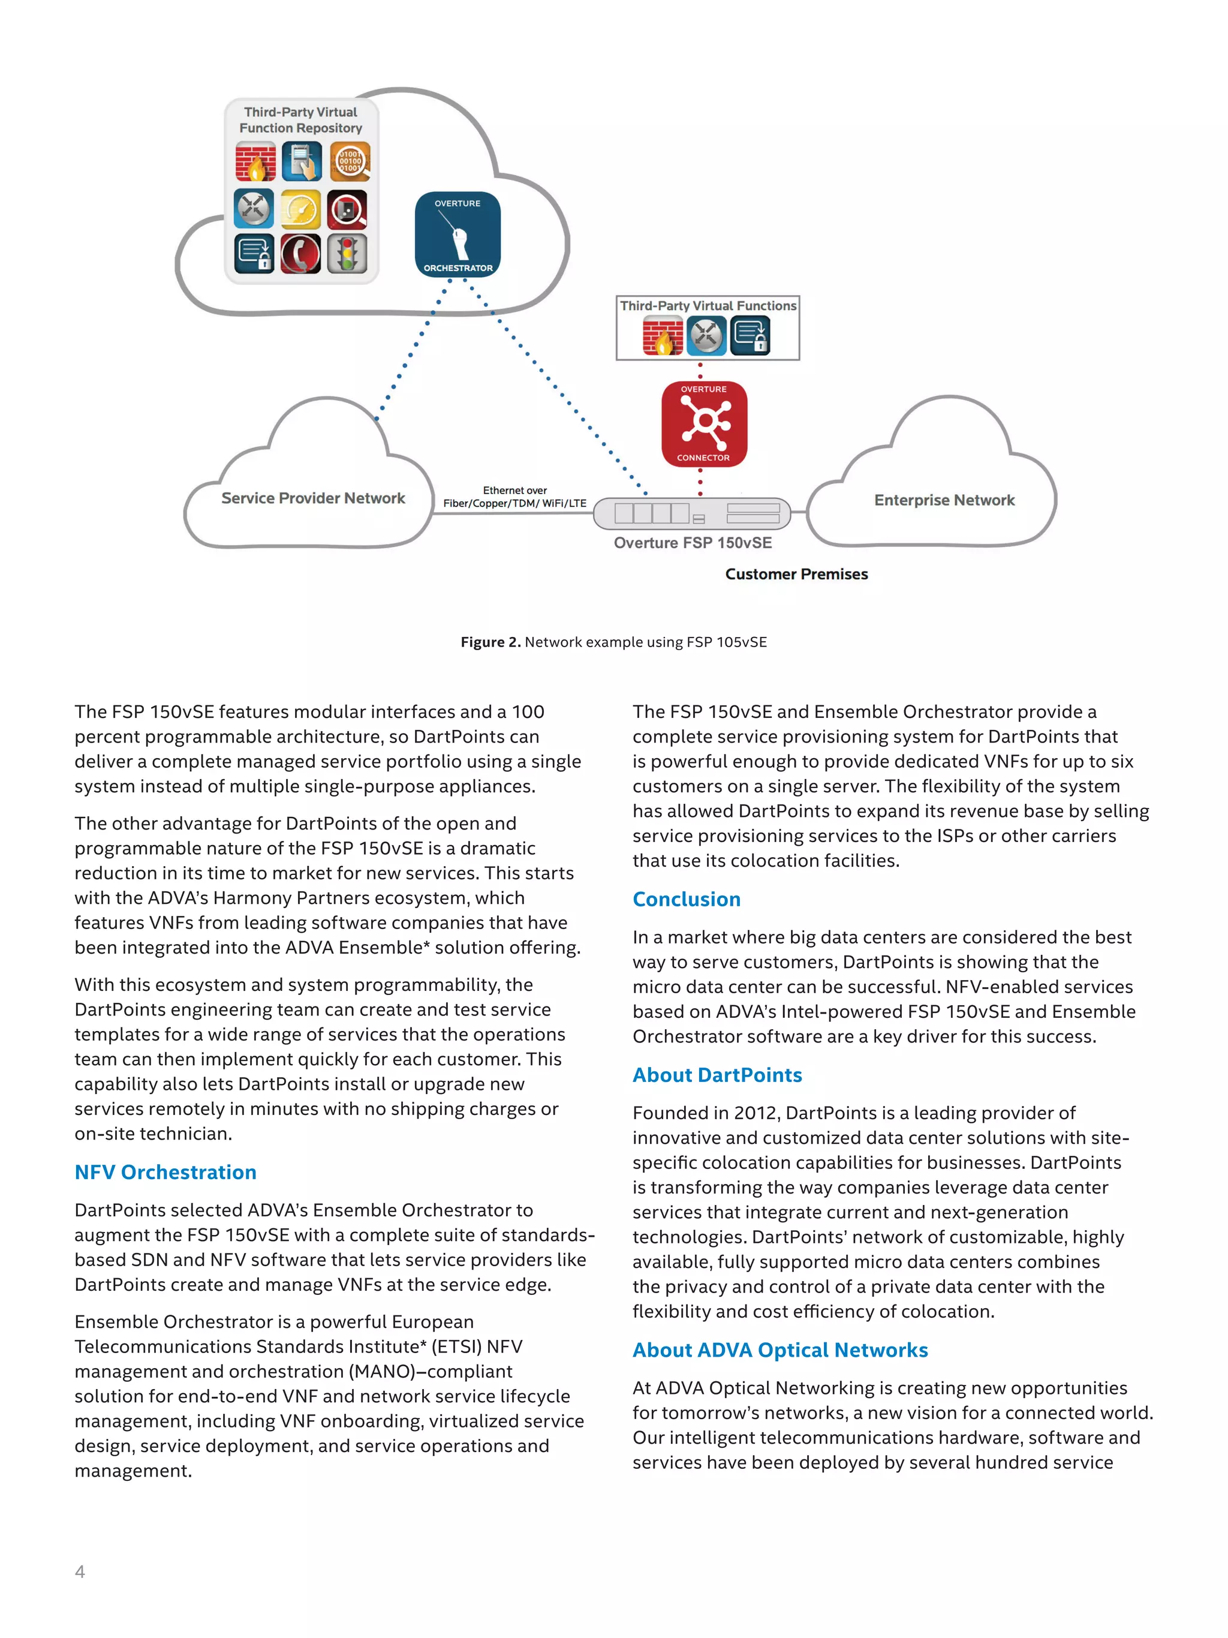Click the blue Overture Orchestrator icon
(x=458, y=234)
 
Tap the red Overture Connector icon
(x=704, y=423)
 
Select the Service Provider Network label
(x=313, y=498)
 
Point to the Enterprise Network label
(x=944, y=501)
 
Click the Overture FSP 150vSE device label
(x=692, y=543)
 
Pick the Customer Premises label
(x=796, y=574)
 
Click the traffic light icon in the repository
(x=347, y=253)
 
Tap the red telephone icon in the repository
(x=301, y=253)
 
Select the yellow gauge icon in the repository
(x=301, y=209)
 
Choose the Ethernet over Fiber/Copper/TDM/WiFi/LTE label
(x=514, y=497)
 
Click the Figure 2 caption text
(x=613, y=642)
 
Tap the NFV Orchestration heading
(x=166, y=1172)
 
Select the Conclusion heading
(x=686, y=899)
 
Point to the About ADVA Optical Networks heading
(x=779, y=1350)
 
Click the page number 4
(x=80, y=1571)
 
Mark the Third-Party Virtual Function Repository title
(x=300, y=120)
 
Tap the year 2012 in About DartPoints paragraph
(x=755, y=1113)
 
